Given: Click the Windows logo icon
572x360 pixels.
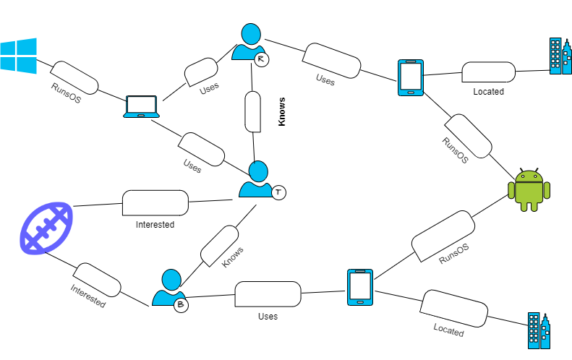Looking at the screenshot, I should pyautogui.click(x=17, y=56).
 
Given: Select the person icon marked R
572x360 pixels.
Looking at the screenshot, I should pyautogui.click(x=249, y=43).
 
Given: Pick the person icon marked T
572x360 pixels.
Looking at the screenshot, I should pyautogui.click(x=257, y=180).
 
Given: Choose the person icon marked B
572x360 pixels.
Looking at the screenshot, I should pyautogui.click(x=170, y=288).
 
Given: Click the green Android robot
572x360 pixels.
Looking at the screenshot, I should pyautogui.click(x=529, y=189).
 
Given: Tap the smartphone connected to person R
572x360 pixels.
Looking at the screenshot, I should pyautogui.click(x=410, y=77).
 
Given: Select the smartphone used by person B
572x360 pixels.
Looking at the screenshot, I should pyautogui.click(x=359, y=287).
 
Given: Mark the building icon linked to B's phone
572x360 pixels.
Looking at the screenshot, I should pyautogui.click(x=539, y=332).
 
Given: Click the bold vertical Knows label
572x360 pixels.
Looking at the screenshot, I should pyautogui.click(x=282, y=111).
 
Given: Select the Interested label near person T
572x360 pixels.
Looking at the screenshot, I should pyautogui.click(x=155, y=225).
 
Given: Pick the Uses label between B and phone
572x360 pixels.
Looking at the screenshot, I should pyautogui.click(x=268, y=316).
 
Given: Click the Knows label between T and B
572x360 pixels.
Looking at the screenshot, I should pyautogui.click(x=233, y=258).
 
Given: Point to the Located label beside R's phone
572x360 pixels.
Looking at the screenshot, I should pyautogui.click(x=488, y=92).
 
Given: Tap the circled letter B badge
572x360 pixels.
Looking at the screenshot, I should pyautogui.click(x=181, y=305).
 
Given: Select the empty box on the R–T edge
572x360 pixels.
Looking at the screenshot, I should pyautogui.click(x=252, y=111).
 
